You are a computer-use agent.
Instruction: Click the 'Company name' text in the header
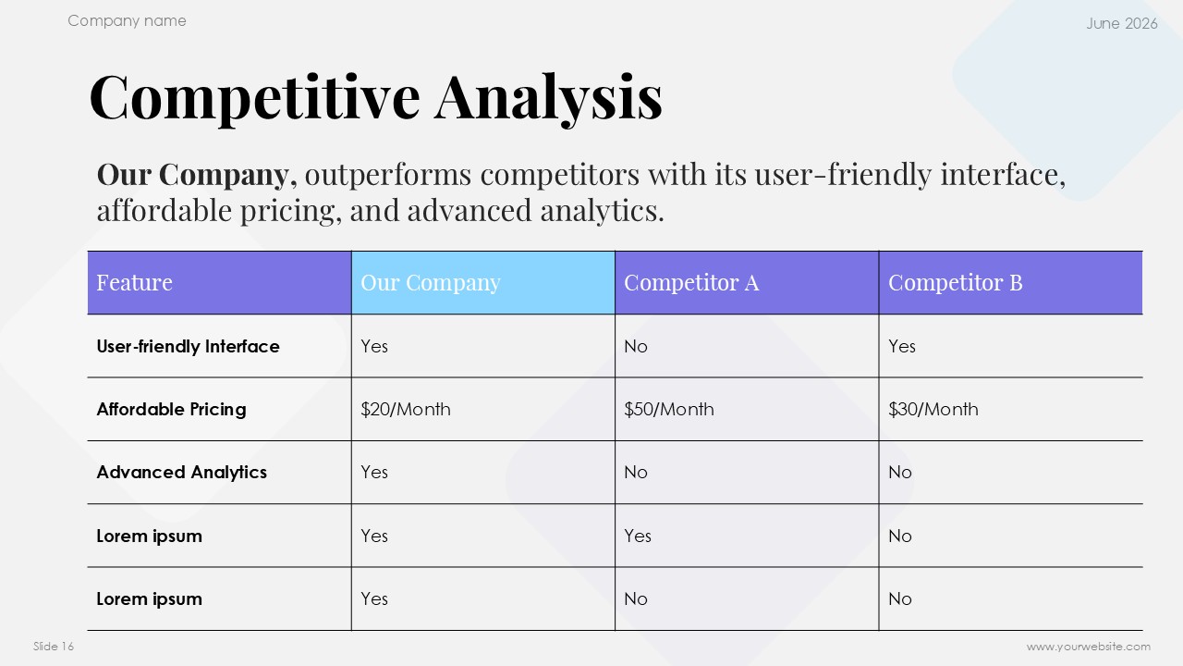(x=127, y=21)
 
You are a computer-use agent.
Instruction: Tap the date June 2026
(x=1122, y=23)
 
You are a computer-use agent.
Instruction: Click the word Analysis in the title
(x=548, y=98)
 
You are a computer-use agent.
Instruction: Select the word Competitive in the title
(x=254, y=98)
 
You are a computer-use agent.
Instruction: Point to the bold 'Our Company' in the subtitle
(x=193, y=175)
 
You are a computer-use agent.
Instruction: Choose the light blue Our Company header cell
(x=482, y=283)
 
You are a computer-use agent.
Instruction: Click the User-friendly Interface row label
(x=188, y=346)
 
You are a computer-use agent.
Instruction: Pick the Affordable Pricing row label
(x=171, y=410)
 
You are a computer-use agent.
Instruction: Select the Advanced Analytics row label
(x=182, y=473)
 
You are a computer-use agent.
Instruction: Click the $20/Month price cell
(x=406, y=410)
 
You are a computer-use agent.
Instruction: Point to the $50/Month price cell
(x=669, y=410)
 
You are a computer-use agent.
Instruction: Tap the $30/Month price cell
(x=933, y=410)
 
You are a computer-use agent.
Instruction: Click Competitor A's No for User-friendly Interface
(x=635, y=346)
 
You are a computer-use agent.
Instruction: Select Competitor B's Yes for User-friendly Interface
(x=902, y=346)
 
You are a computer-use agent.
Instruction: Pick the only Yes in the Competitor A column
(x=638, y=536)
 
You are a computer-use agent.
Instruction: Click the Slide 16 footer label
(x=54, y=647)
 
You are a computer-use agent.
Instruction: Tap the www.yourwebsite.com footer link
(x=1089, y=647)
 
